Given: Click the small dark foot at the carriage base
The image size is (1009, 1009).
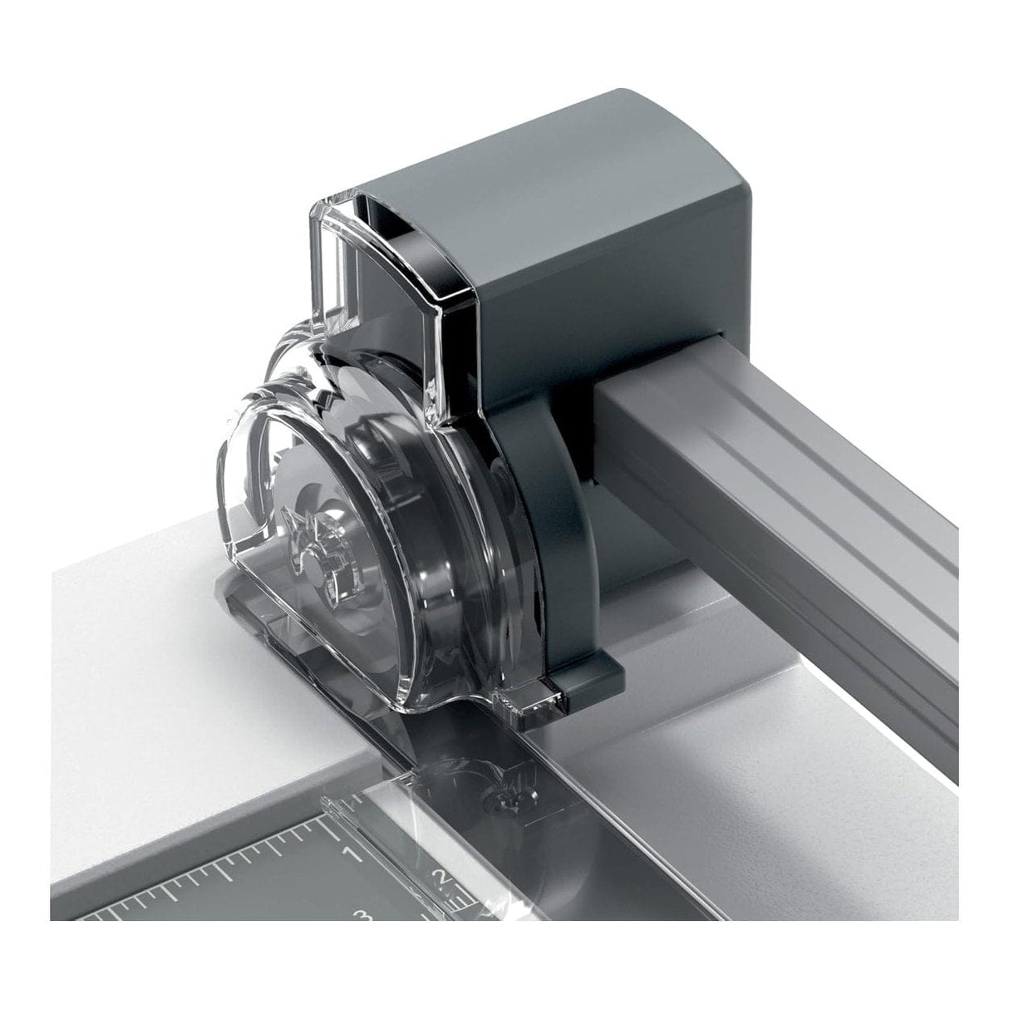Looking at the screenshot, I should [x=582, y=690].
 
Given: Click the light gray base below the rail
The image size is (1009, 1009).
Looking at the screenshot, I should [x=748, y=748].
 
